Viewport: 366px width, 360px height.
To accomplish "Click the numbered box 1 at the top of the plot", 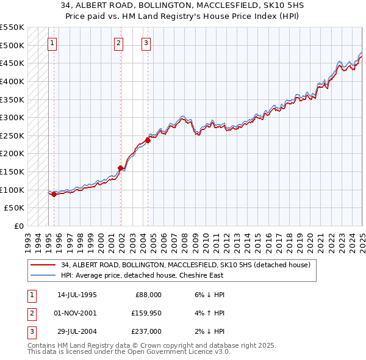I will pos(52,43).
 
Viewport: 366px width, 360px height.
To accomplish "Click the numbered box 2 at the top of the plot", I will pos(118,43).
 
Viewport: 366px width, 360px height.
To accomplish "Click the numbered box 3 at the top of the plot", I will pos(147,43).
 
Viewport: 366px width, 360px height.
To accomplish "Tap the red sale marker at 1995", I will pos(54,195).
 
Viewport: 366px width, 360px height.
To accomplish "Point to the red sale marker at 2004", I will pos(148,140).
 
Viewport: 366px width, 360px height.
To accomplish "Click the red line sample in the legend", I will pos(43,265).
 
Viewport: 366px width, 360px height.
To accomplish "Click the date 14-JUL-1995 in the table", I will pos(77,295).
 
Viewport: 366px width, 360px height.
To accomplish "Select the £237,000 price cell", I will pos(147,331).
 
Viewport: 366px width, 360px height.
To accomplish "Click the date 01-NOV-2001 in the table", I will pos(76,313).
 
